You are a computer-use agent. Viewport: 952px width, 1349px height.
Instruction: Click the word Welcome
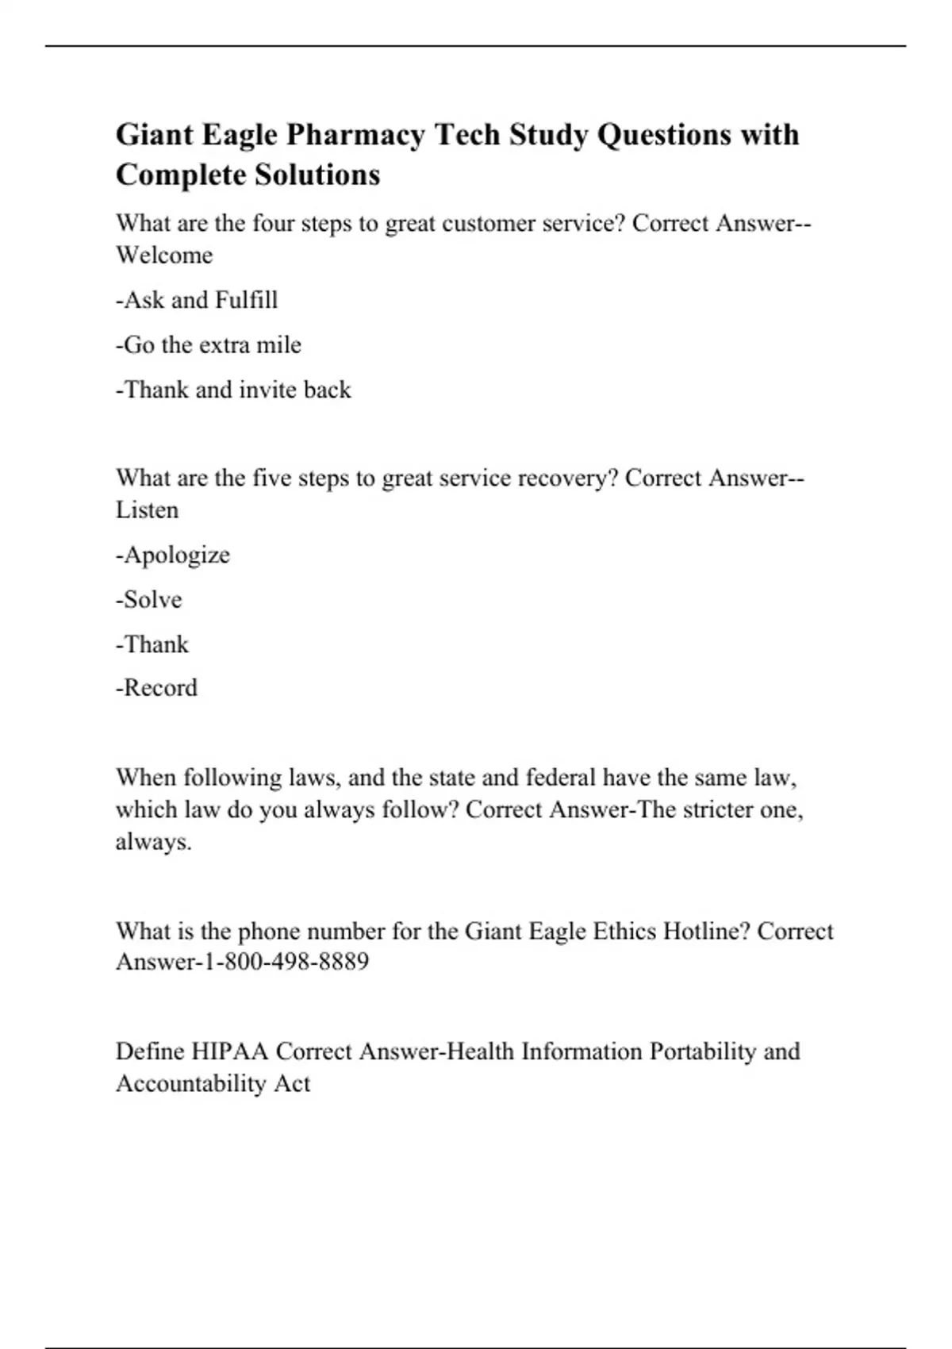164,256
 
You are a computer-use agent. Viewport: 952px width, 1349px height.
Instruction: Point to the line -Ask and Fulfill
197,300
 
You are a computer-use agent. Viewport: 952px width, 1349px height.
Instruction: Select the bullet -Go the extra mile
209,345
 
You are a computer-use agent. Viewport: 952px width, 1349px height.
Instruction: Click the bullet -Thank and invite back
233,390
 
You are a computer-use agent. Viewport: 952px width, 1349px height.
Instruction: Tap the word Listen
147,510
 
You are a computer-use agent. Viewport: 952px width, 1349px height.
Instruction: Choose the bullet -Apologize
173,555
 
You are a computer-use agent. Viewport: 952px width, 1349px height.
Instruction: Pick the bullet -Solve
149,599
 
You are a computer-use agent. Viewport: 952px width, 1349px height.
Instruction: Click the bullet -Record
156,687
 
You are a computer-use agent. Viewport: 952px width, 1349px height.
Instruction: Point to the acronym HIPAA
231,1051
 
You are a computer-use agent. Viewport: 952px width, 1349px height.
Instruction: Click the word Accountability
190,1083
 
